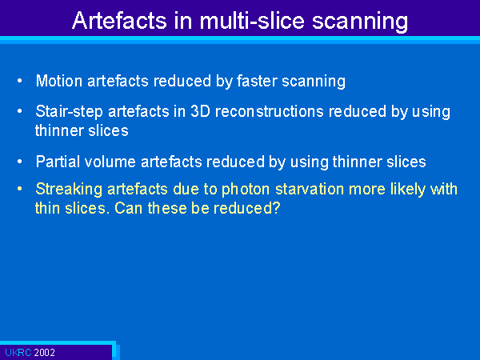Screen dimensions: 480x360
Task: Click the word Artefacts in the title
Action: click(x=119, y=21)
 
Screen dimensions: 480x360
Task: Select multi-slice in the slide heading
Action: click(x=252, y=21)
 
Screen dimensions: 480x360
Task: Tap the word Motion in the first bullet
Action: click(x=59, y=81)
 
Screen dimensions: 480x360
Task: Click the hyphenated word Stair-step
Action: click(x=69, y=112)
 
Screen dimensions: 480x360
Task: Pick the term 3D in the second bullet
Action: click(x=200, y=111)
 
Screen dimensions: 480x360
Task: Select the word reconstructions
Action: click(x=270, y=111)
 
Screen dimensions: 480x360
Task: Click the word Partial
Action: click(x=58, y=162)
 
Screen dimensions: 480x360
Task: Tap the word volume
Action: click(x=110, y=162)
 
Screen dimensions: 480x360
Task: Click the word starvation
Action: click(x=310, y=189)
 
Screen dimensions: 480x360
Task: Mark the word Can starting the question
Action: click(x=128, y=209)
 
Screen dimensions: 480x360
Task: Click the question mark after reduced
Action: click(x=276, y=208)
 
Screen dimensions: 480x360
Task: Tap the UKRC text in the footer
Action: click(x=18, y=353)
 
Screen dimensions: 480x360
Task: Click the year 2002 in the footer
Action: click(x=44, y=353)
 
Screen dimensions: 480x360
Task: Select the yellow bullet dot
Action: click(x=20, y=189)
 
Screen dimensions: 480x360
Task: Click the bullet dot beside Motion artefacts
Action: click(x=20, y=81)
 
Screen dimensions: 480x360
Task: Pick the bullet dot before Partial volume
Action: click(x=20, y=162)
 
